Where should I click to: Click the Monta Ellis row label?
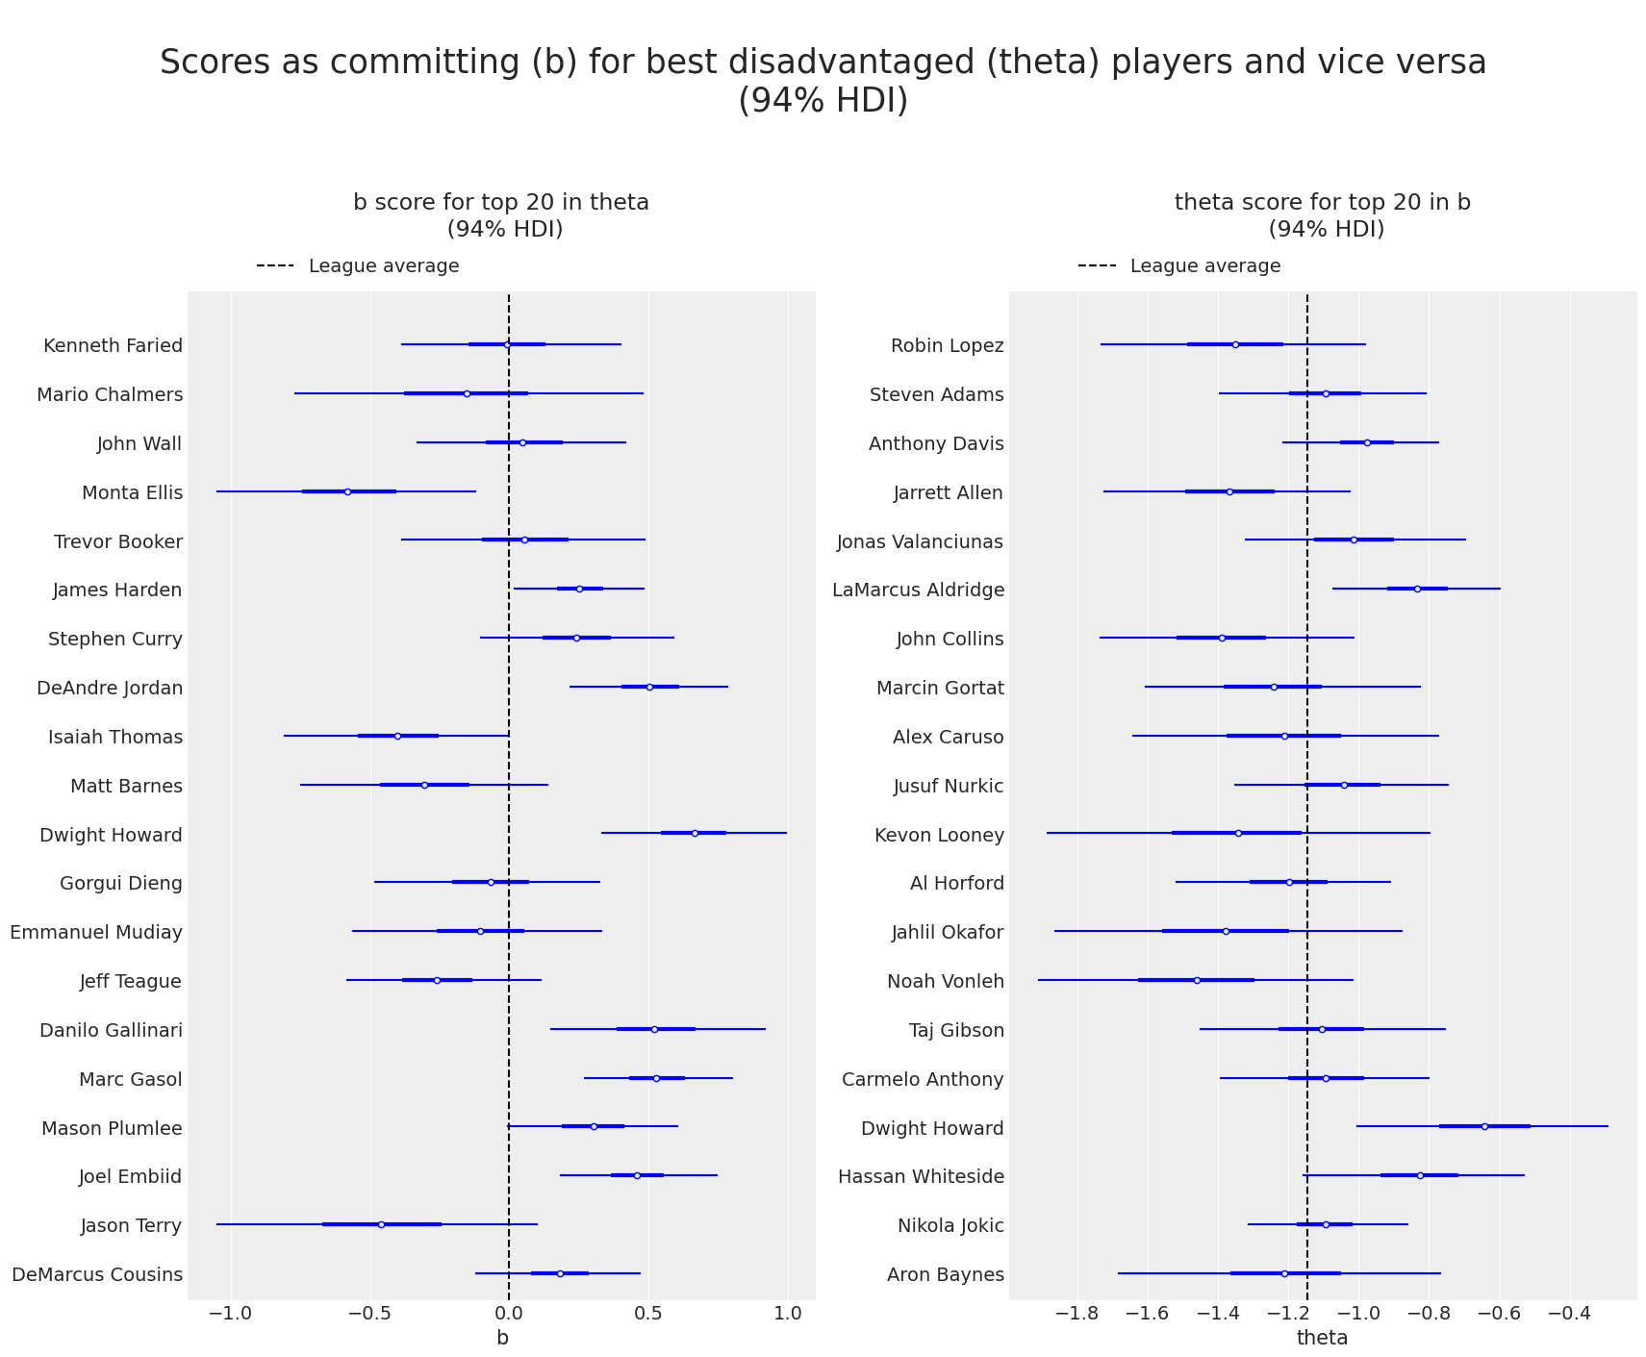pyautogui.click(x=132, y=493)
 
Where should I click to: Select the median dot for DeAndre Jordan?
pyautogui.click(x=649, y=687)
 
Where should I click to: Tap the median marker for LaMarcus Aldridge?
pyautogui.click(x=1417, y=589)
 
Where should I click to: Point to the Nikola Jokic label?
pyautogui.click(x=950, y=1226)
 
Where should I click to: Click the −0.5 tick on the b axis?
pyautogui.click(x=369, y=1314)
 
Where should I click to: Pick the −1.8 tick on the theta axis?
pyautogui.click(x=1077, y=1314)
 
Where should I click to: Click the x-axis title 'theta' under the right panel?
pyautogui.click(x=1322, y=1338)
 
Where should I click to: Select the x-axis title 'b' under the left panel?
pyautogui.click(x=502, y=1338)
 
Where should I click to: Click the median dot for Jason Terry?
pyautogui.click(x=381, y=1224)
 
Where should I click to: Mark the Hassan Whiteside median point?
pyautogui.click(x=1420, y=1175)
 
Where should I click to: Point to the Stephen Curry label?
pyautogui.click(x=115, y=640)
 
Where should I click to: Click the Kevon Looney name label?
pyautogui.click(x=939, y=836)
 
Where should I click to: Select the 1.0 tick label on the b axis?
pyautogui.click(x=788, y=1314)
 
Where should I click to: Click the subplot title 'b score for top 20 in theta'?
pyautogui.click(x=501, y=203)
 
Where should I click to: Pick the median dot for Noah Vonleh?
pyautogui.click(x=1197, y=980)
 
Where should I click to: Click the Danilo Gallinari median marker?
pyautogui.click(x=654, y=1029)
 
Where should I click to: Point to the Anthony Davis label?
pyautogui.click(x=936, y=444)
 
